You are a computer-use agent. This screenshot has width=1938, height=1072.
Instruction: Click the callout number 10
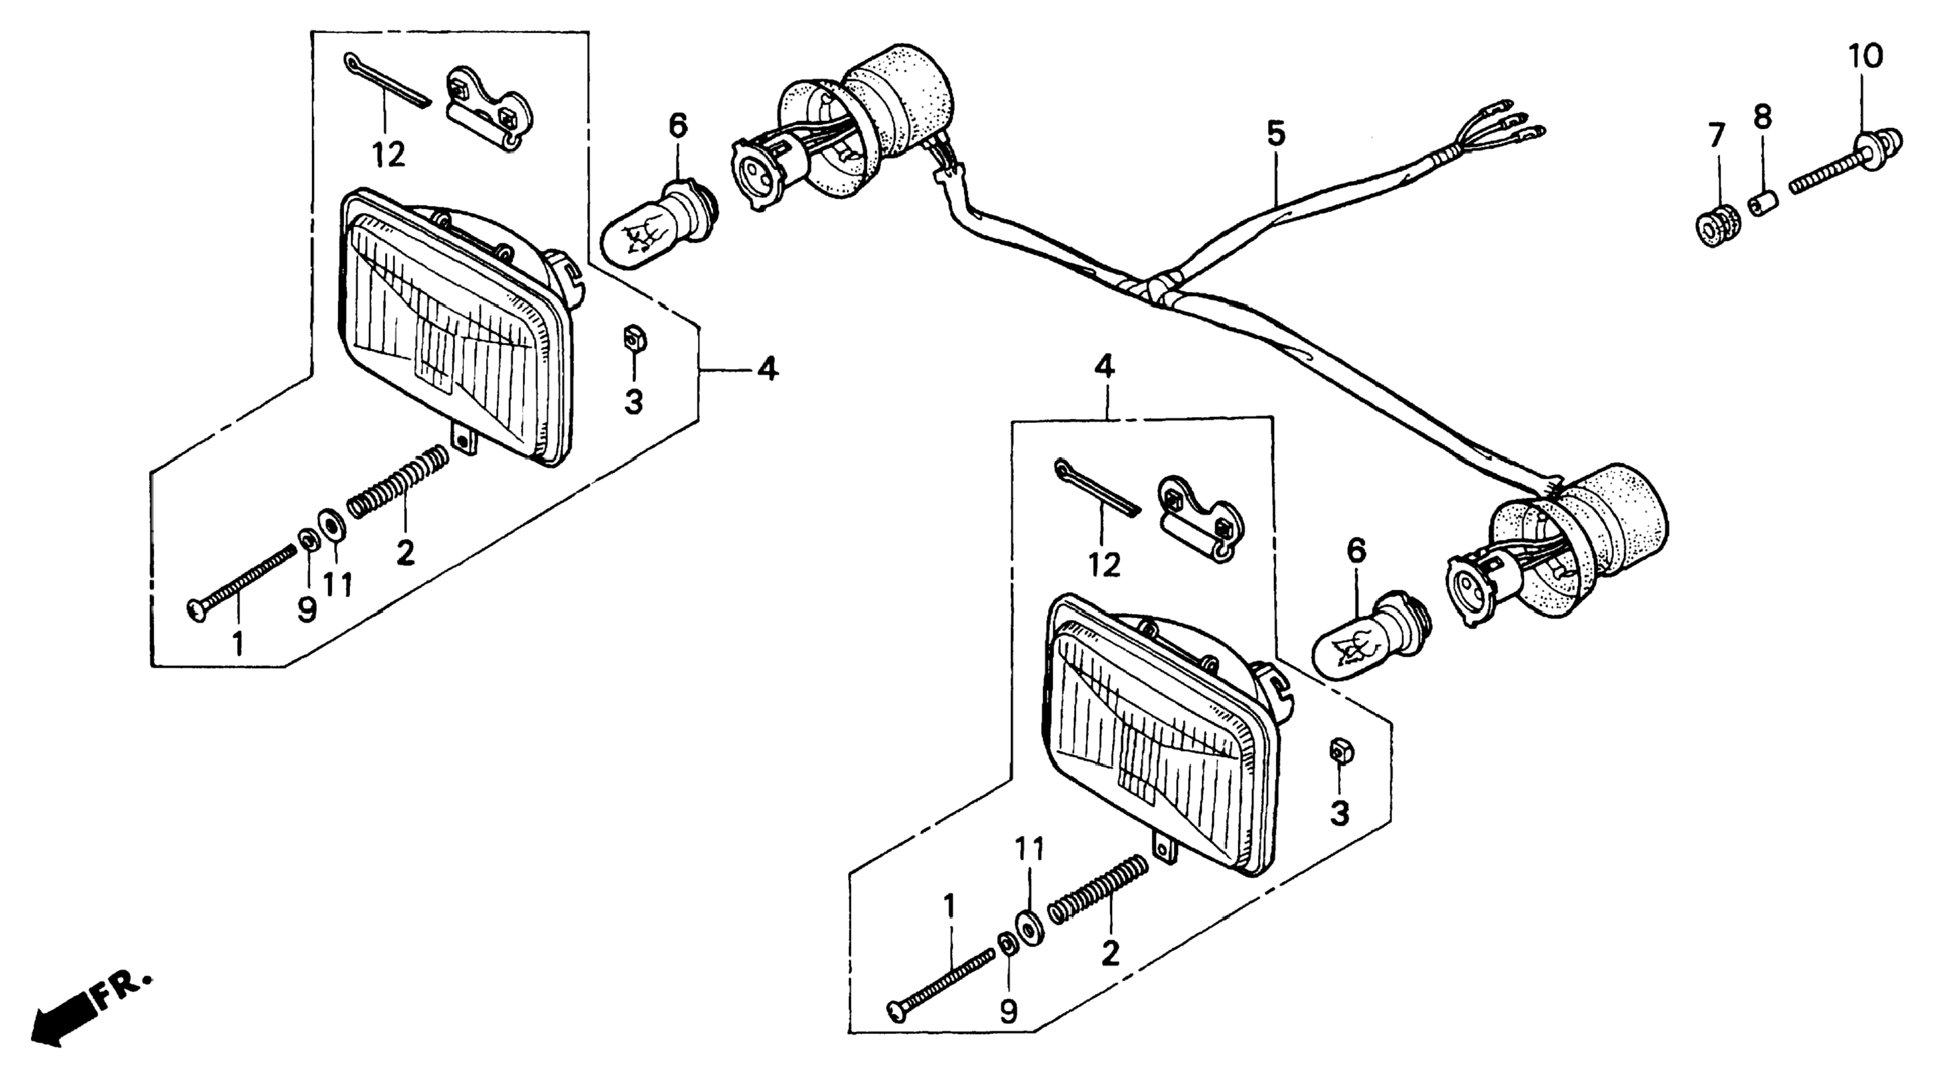(x=1866, y=56)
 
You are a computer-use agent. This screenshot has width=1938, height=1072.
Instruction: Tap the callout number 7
(x=1716, y=137)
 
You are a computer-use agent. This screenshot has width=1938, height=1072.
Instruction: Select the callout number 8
(x=1762, y=117)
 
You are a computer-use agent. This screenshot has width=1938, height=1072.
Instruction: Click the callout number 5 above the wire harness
(x=1276, y=134)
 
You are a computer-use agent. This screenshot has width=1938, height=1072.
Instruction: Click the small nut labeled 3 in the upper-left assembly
(x=634, y=339)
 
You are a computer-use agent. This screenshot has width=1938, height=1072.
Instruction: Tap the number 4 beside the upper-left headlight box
(x=767, y=370)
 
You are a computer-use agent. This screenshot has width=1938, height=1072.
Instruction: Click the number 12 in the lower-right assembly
(x=1103, y=564)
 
